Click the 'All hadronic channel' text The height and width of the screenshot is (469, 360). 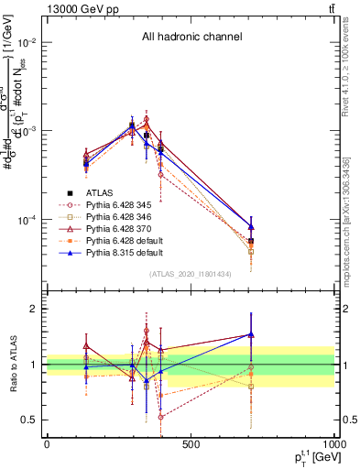coord(191,37)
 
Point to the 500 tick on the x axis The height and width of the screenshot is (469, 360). coord(191,445)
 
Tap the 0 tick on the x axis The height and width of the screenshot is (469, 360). coord(47,445)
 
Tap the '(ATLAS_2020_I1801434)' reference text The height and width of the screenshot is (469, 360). coord(191,274)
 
